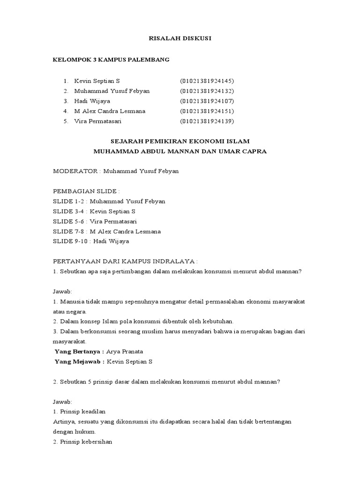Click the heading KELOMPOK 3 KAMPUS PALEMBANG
111,60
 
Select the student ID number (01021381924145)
207,81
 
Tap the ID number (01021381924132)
207,91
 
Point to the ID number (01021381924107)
207,101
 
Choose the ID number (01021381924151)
207,111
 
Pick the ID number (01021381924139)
207,121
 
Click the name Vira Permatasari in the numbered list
98,121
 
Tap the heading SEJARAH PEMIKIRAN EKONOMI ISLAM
180,141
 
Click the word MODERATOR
75,171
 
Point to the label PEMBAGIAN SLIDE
86,191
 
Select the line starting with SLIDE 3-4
94,211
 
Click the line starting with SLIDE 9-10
91,241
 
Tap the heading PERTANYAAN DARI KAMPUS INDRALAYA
125,261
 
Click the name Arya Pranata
125,352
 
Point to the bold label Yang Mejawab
79,361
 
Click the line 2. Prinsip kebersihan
82,442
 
